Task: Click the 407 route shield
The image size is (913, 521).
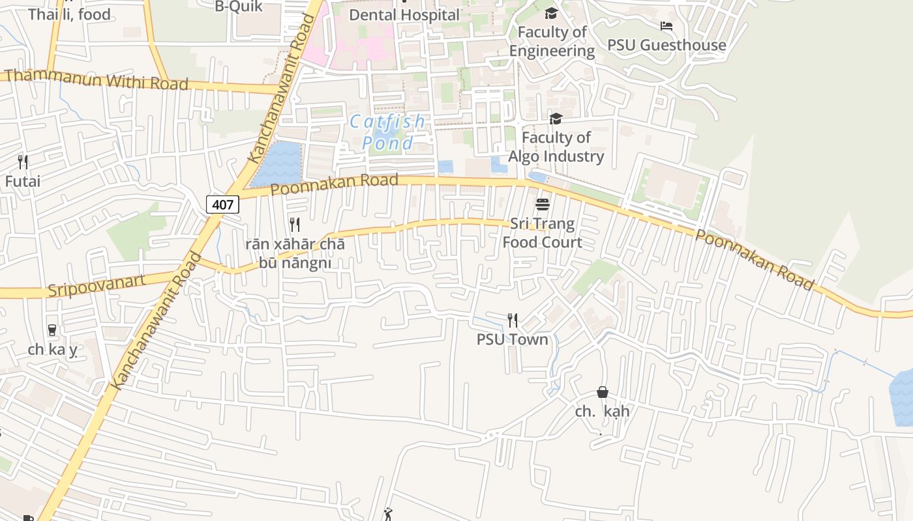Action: tap(222, 204)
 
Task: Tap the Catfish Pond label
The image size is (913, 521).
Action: tap(387, 132)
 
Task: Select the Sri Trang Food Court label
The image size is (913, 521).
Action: tap(542, 233)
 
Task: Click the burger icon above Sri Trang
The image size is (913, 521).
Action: tap(542, 204)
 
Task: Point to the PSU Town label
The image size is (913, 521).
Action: tap(513, 339)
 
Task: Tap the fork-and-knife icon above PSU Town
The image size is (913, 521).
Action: tap(513, 320)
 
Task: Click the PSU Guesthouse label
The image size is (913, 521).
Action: tap(666, 45)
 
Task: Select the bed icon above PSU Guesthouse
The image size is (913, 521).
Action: tap(666, 26)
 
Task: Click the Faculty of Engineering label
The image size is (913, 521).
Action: tap(552, 41)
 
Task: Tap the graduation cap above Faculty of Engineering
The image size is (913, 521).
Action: tap(552, 13)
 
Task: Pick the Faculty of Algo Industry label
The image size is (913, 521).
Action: tap(556, 147)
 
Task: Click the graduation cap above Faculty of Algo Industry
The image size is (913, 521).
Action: tap(556, 119)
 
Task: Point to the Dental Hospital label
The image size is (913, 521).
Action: tap(404, 14)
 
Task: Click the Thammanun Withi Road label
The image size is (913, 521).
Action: tap(97, 79)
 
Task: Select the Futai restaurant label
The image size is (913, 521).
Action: tap(23, 181)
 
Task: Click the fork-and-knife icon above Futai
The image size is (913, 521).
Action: tap(23, 162)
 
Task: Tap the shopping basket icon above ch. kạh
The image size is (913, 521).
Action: tap(603, 392)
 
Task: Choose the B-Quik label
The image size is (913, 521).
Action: tap(239, 7)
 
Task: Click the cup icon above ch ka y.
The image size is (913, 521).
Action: tap(52, 330)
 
